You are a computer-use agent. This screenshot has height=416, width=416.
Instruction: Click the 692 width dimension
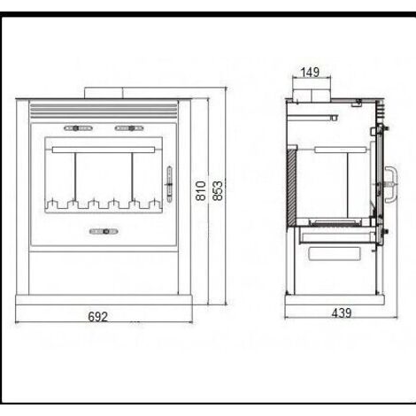[97, 317]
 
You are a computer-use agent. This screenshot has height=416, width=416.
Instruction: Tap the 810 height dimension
[201, 191]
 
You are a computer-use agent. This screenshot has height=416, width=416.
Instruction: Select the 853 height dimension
[218, 191]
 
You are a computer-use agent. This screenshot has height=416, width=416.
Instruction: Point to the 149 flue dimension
[310, 72]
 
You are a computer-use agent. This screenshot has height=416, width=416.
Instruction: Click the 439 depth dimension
[342, 312]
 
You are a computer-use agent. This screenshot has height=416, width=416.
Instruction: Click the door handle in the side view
[391, 184]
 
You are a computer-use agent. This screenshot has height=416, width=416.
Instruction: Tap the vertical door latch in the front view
[169, 184]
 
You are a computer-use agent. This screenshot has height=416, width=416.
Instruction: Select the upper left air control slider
[78, 128]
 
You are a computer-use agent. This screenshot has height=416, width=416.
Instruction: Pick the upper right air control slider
[129, 128]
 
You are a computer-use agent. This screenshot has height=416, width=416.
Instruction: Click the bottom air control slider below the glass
[104, 232]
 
